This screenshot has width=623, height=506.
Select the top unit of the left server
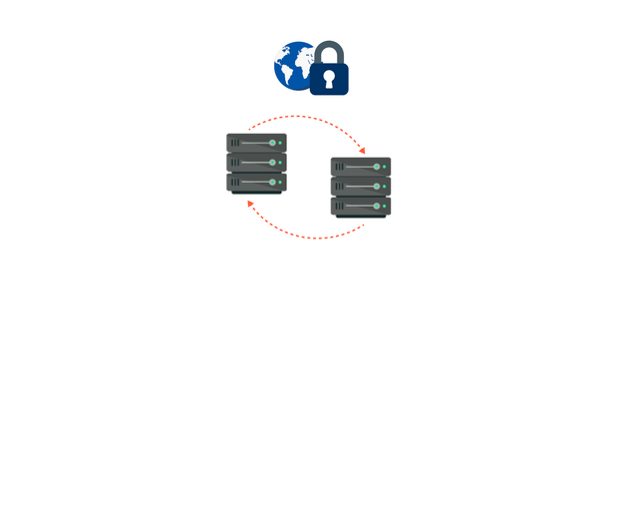[x=256, y=143]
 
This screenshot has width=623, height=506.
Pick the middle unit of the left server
[x=256, y=162]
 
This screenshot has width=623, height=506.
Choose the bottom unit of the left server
[x=256, y=182]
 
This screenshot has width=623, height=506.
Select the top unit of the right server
[x=360, y=167]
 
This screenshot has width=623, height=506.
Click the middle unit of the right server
[x=360, y=186]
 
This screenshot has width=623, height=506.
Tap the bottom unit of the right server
[x=360, y=206]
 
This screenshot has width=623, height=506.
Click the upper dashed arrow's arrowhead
[x=362, y=150]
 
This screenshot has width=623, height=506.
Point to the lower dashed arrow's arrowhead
[x=250, y=204]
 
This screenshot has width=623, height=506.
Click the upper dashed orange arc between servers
[x=309, y=118]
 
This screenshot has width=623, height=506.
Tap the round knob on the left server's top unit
[x=271, y=143]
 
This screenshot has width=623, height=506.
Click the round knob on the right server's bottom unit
[x=375, y=206]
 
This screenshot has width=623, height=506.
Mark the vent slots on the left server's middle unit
[x=236, y=162]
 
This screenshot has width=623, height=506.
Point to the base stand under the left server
[x=256, y=194]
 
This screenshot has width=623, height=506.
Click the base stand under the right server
[x=360, y=218]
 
